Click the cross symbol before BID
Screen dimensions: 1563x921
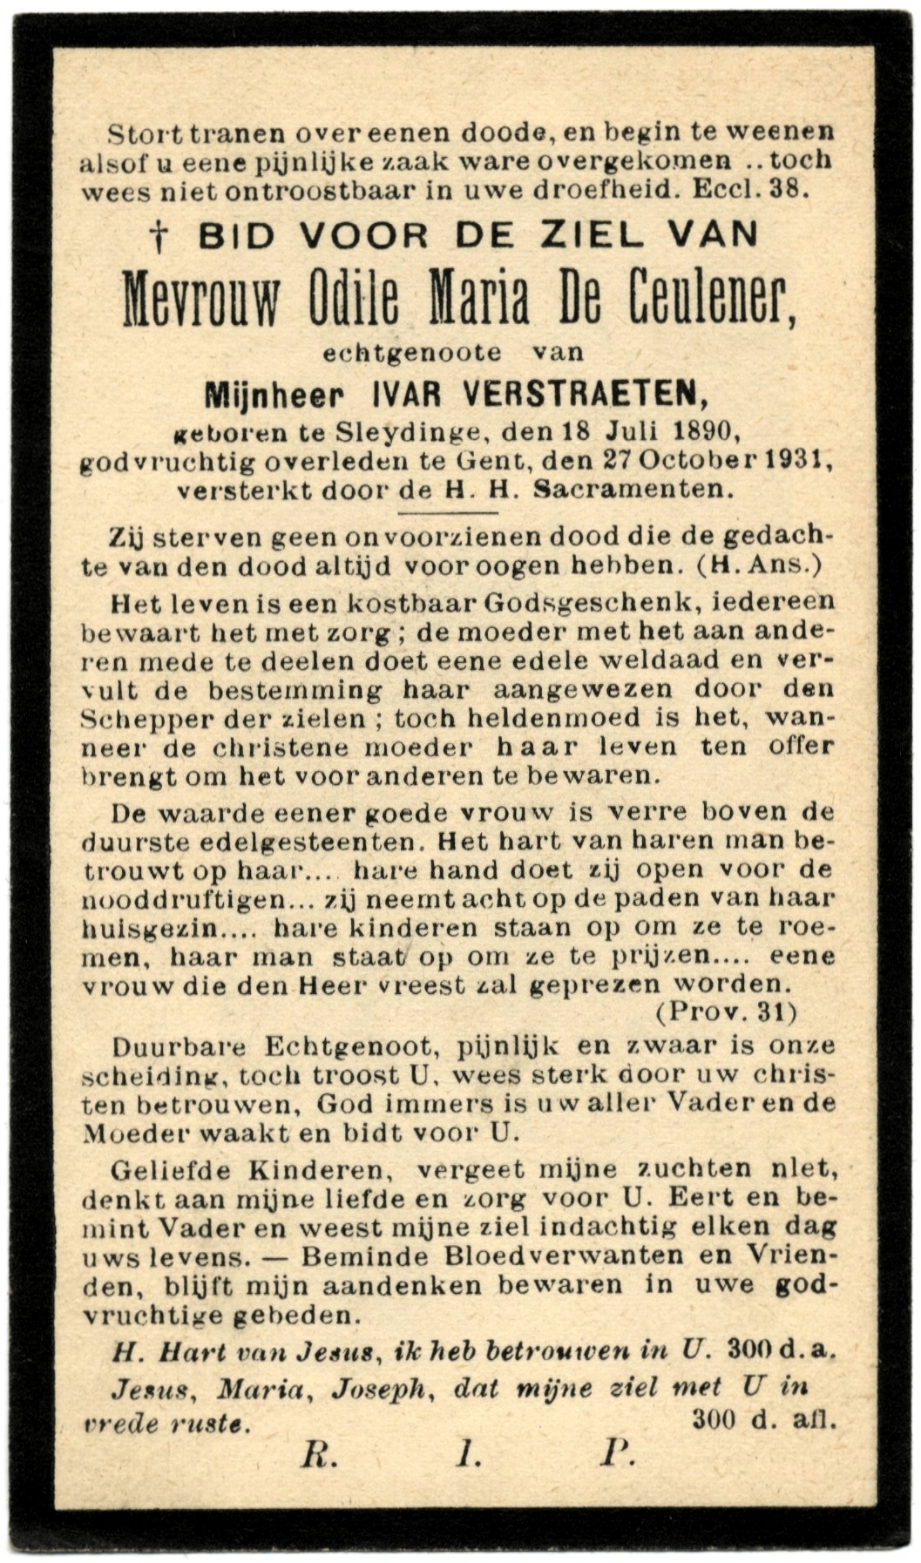point(158,236)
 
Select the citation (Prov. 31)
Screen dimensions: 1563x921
point(726,1012)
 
